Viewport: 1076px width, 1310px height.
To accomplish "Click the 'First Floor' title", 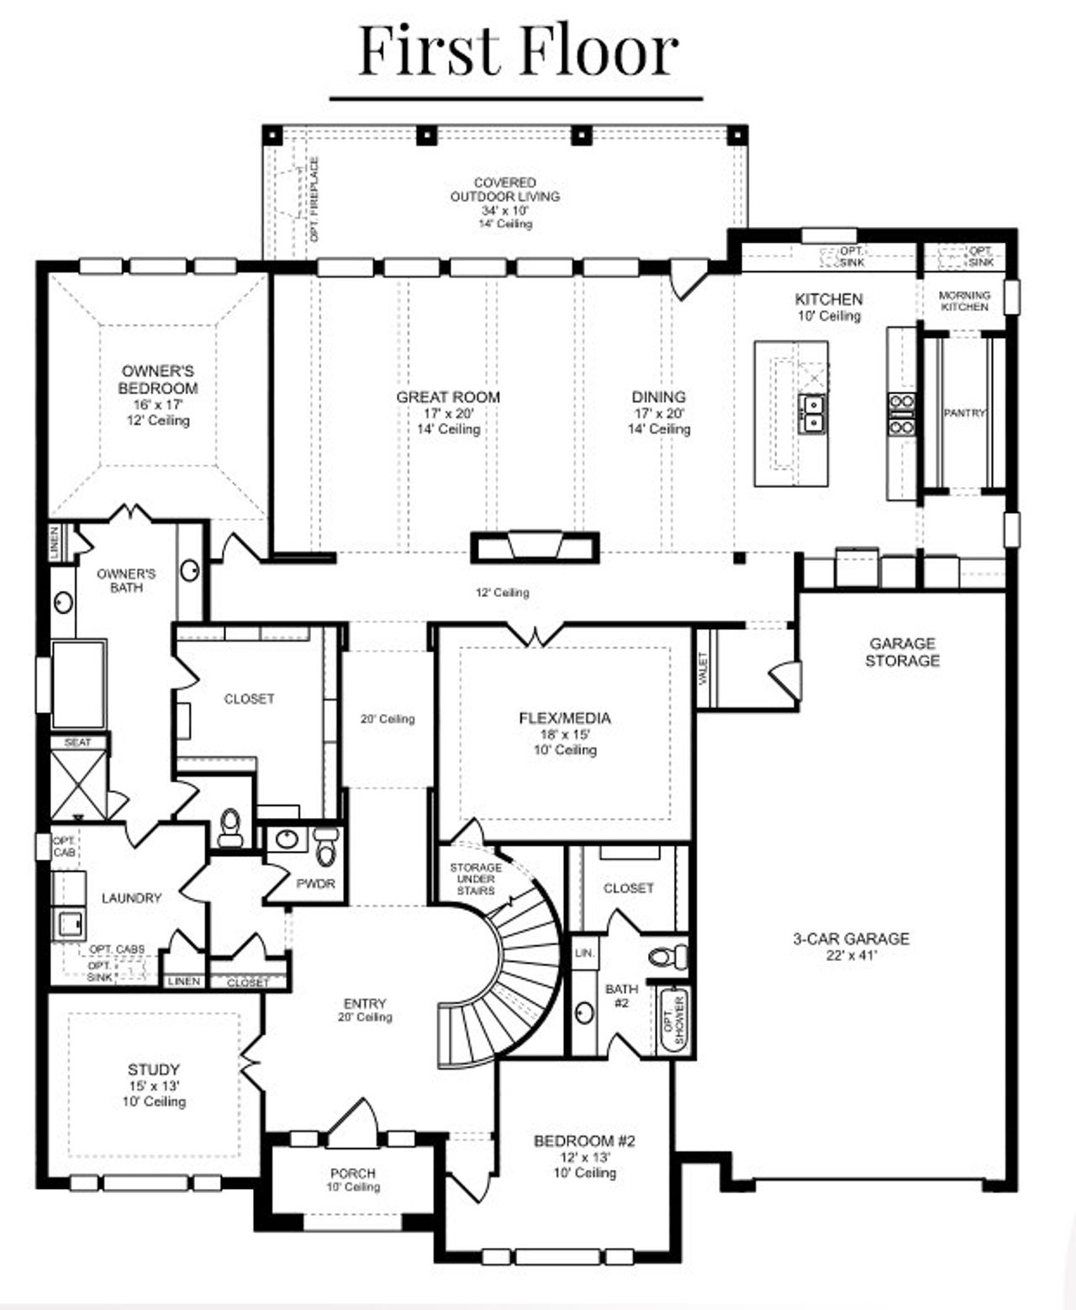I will pos(518,52).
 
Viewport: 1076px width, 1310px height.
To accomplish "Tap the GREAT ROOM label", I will pos(448,397).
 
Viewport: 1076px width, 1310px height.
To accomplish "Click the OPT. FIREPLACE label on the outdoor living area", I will pos(314,199).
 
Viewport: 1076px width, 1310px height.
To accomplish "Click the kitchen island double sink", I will pos(812,413).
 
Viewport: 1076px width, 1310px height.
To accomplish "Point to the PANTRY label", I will pos(963,414).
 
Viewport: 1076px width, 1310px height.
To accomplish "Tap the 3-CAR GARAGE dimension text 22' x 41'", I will pos(851,955).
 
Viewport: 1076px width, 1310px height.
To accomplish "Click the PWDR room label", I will pos(315,884).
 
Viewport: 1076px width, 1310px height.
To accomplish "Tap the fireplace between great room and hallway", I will pos(535,547).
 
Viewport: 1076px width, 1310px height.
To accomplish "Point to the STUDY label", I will pos(154,1070).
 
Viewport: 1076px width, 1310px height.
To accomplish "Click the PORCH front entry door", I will pos(353,1124).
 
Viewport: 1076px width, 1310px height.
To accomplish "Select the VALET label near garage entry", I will pos(704,669).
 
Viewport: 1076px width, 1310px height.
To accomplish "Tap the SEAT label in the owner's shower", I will pos(78,742).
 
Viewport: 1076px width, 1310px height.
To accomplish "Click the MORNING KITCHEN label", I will pos(964,301).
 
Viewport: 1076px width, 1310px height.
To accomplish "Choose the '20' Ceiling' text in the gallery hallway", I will pos(388,719).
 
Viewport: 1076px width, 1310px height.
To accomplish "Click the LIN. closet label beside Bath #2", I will pos(584,953).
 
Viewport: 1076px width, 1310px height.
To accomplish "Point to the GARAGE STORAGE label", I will pos(902,652).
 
